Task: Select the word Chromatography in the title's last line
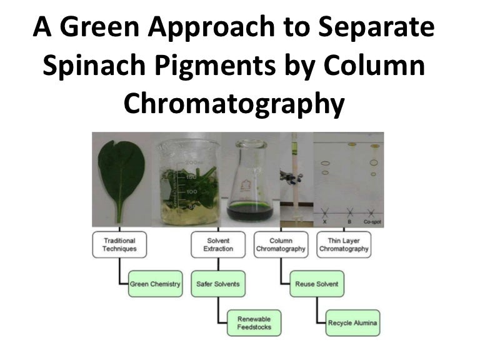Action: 233,103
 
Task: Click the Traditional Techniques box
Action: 119,244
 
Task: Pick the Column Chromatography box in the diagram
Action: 281,244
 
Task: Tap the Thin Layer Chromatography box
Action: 344,244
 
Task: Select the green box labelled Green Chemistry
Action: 155,284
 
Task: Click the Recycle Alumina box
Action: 353,323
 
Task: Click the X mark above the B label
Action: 349,212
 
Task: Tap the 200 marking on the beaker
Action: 192,162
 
